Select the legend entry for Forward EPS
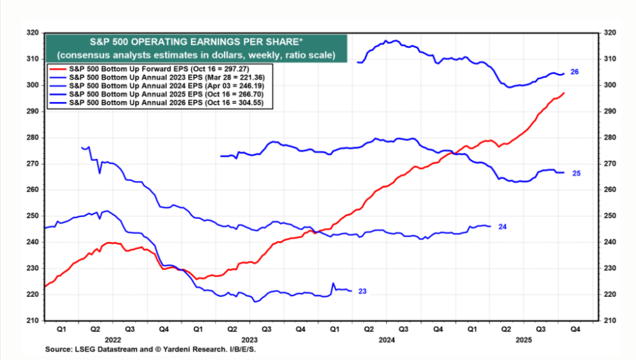(x=159, y=67)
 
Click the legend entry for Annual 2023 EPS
(x=159, y=76)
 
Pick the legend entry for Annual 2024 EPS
(x=159, y=85)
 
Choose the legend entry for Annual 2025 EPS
(x=159, y=94)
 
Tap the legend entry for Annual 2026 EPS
(x=159, y=103)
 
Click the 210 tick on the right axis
(x=608, y=320)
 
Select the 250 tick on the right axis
(x=608, y=216)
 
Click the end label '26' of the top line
(x=574, y=72)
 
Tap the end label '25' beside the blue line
(x=576, y=173)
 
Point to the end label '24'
(x=502, y=227)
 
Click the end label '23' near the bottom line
(x=362, y=291)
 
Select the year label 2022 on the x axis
(x=113, y=340)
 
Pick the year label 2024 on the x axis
(x=386, y=340)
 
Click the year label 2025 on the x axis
(x=523, y=340)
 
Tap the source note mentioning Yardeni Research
(x=154, y=350)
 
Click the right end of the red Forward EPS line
(x=564, y=94)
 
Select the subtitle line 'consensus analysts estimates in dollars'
(x=195, y=55)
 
